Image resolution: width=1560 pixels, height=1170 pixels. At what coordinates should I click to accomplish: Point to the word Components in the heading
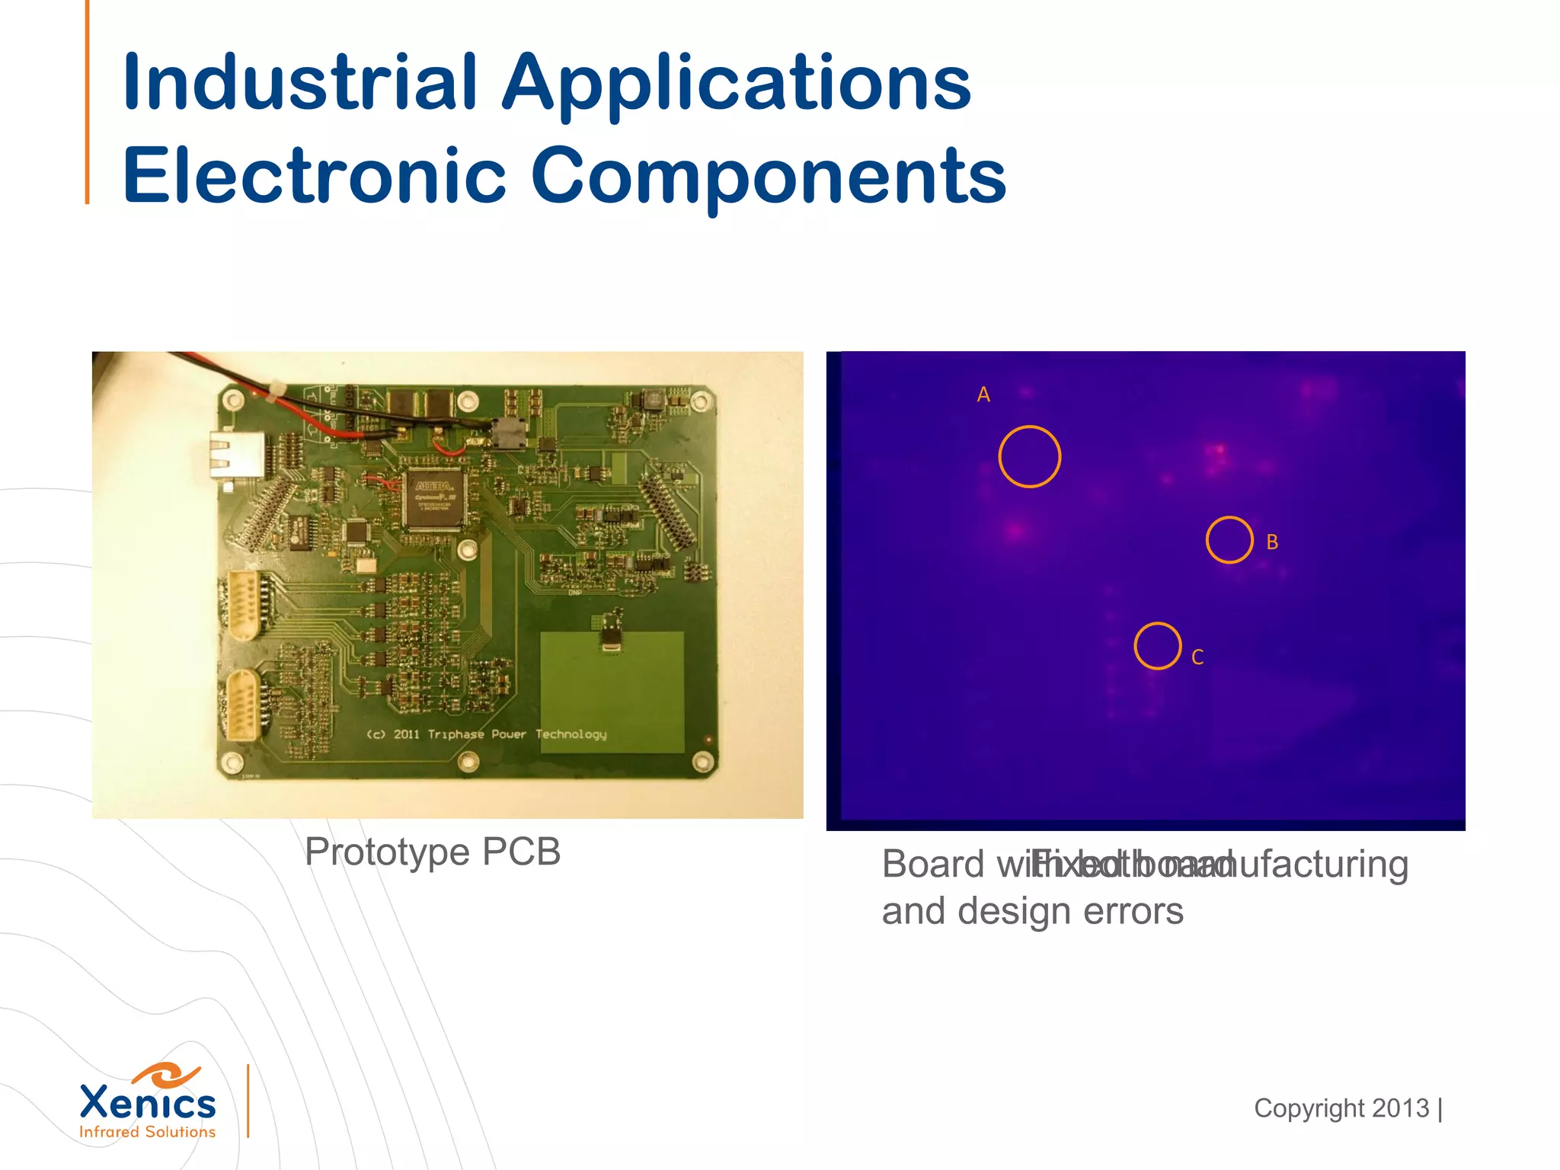(x=769, y=177)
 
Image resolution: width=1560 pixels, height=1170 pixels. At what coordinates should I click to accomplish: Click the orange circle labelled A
(x=1029, y=456)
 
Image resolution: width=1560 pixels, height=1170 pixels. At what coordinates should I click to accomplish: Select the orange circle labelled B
(x=1229, y=540)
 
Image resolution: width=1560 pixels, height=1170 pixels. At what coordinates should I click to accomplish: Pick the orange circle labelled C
(x=1157, y=646)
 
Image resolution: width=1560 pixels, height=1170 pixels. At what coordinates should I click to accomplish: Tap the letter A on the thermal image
(x=983, y=395)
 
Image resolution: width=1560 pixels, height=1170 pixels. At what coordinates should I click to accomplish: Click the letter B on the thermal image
(x=1272, y=542)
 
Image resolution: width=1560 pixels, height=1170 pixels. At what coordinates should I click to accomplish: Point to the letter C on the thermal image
(x=1197, y=657)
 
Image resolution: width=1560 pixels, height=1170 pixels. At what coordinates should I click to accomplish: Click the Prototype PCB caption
(x=433, y=852)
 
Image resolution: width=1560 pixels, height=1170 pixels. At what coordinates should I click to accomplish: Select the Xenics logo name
(x=148, y=1102)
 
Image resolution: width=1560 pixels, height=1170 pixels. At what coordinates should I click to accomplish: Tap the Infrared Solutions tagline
(x=148, y=1132)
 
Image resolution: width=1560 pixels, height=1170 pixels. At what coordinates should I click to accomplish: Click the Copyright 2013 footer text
(x=1341, y=1108)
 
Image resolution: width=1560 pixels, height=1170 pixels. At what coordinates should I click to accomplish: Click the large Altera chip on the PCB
(x=435, y=499)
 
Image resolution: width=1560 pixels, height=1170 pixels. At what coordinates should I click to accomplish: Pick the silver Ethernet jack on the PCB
(x=237, y=454)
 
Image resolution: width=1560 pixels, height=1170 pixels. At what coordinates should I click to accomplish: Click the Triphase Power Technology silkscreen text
(x=487, y=734)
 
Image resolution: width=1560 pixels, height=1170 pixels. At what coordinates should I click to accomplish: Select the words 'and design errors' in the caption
(x=1032, y=911)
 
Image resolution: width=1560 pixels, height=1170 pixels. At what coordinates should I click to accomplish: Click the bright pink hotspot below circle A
(x=1016, y=530)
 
